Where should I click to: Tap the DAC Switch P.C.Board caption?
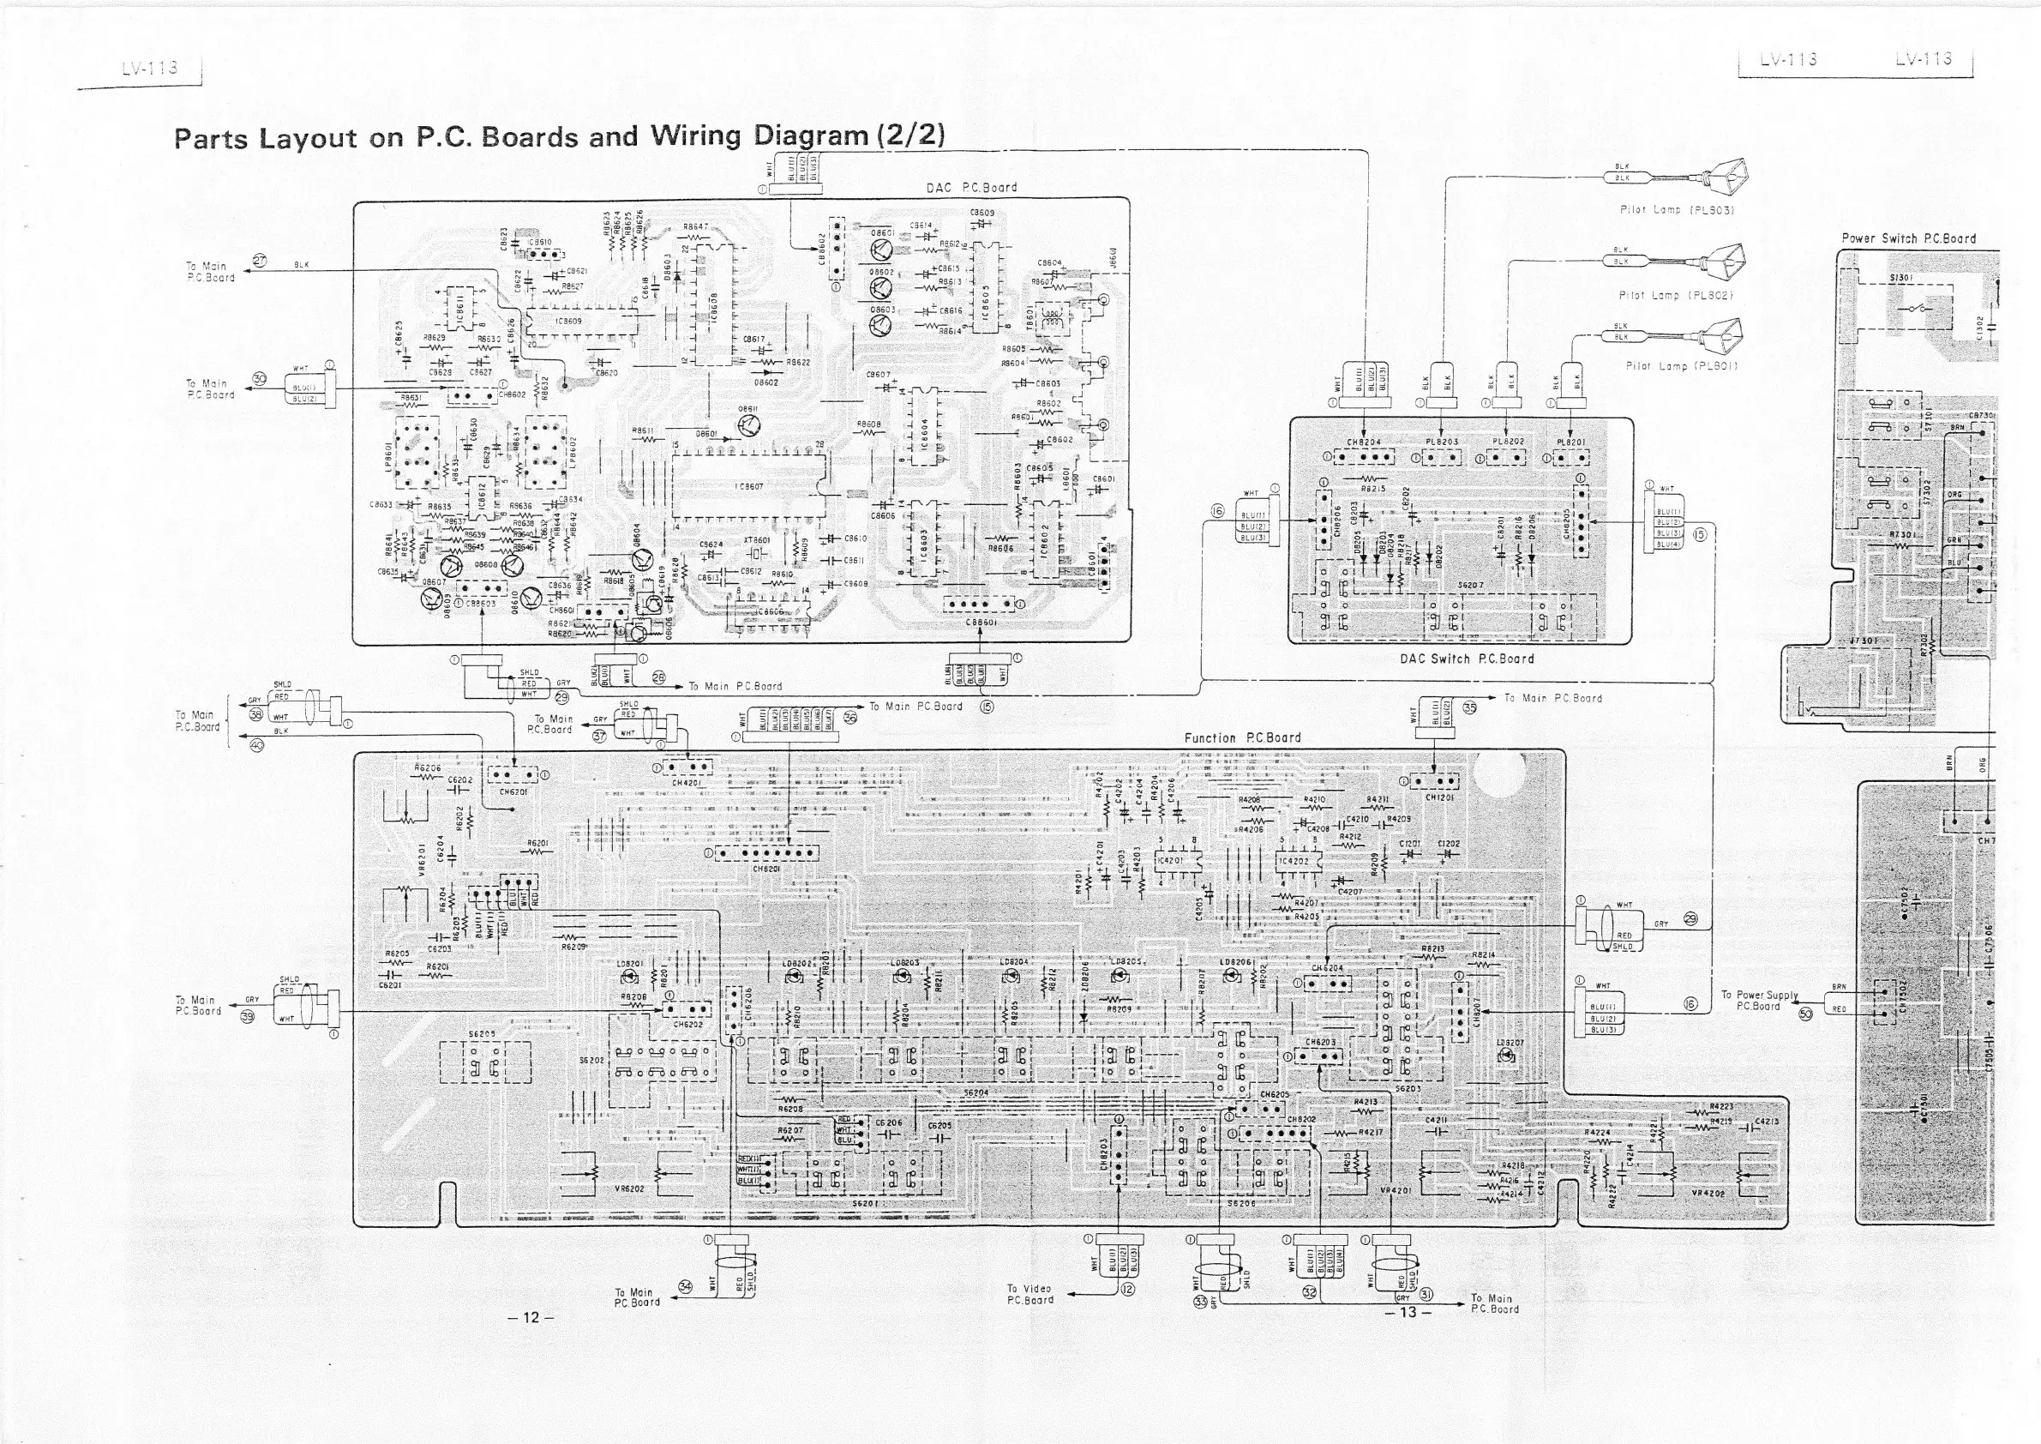[1466, 659]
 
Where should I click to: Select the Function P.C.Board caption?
[1242, 738]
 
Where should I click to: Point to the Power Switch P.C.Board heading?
[1907, 238]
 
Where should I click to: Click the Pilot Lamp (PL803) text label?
[1677, 211]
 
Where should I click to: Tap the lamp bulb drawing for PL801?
[1722, 337]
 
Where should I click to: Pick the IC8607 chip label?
[749, 486]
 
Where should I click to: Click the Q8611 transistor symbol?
[749, 427]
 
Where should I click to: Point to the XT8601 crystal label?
[757, 539]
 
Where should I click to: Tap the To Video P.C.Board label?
[1030, 1294]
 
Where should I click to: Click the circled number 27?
[260, 261]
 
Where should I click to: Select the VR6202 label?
[627, 1188]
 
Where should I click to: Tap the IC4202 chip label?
[1295, 861]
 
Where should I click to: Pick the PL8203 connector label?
[1442, 442]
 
